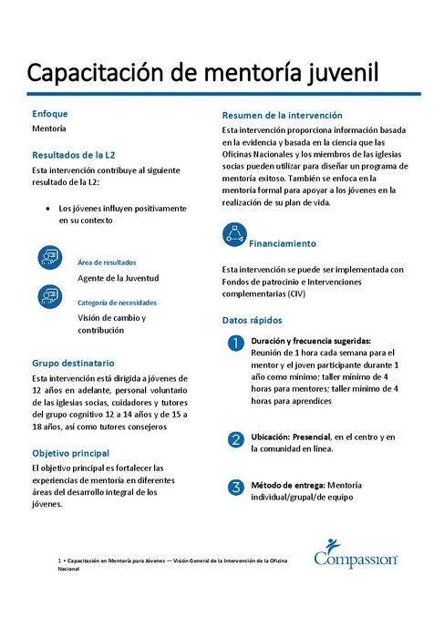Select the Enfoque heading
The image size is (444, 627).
pyautogui.click(x=50, y=114)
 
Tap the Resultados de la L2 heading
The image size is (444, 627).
pyautogui.click(x=73, y=155)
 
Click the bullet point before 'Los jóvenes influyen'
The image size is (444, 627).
pyautogui.click(x=47, y=208)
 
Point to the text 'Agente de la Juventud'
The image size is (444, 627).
pyautogui.click(x=119, y=277)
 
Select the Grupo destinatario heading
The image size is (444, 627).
pyautogui.click(x=73, y=362)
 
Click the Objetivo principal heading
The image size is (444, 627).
pyautogui.click(x=70, y=452)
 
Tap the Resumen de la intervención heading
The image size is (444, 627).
pyautogui.click(x=283, y=116)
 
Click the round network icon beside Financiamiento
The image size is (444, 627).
pyautogui.click(x=234, y=234)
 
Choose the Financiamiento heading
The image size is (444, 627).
pyautogui.click(x=283, y=244)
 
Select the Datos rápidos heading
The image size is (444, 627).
pyautogui.click(x=252, y=320)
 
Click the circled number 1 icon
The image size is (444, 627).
pyautogui.click(x=234, y=343)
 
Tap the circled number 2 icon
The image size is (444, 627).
pyautogui.click(x=234, y=439)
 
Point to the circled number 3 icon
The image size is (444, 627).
pyautogui.click(x=234, y=488)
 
